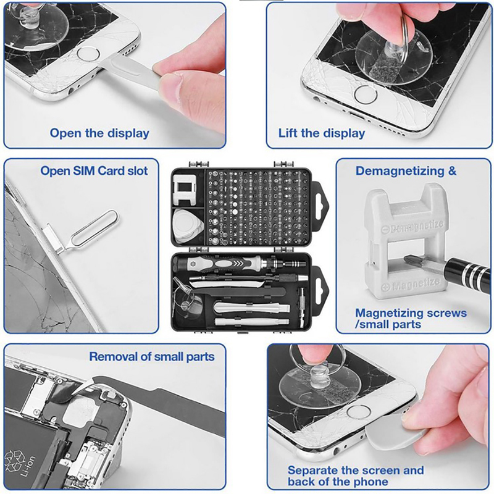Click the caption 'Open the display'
coord(99,133)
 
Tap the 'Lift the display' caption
coord(322,133)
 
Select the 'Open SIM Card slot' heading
coord(94,171)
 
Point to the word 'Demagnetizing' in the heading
coord(398,171)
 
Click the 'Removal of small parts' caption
coord(152,357)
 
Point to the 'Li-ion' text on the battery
coord(28,466)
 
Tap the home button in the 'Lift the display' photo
coord(365,94)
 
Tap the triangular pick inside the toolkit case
coord(188,225)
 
